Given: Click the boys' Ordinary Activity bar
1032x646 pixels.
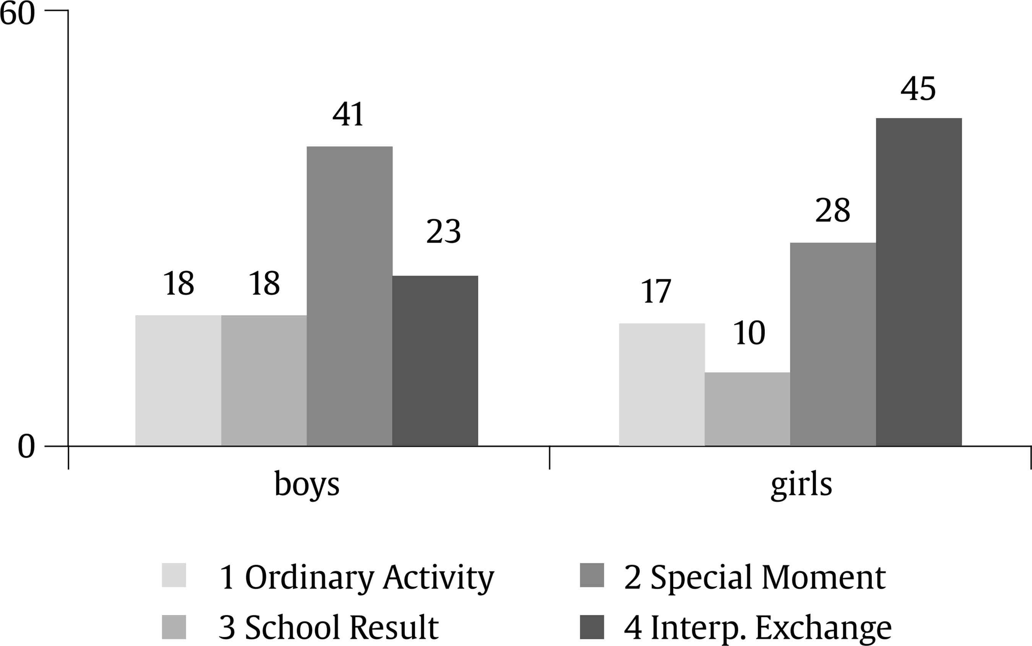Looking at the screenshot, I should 178,380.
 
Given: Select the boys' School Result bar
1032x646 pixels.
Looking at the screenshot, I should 264,380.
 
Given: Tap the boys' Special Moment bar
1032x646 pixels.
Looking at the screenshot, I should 349,296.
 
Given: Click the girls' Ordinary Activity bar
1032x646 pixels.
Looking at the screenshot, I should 661,385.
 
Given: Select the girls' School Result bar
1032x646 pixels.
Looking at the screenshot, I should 747,409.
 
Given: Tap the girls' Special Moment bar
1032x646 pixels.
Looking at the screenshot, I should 833,344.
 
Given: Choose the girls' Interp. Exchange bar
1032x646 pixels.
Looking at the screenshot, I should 919,282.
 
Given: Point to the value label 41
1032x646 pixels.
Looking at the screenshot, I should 349,115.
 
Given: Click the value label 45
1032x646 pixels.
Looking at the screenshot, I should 918,89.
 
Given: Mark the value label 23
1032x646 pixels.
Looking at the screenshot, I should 443,232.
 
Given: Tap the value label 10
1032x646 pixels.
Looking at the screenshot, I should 749,333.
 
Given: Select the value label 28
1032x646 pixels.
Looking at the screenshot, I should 832,210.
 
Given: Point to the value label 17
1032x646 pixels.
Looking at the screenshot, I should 656,292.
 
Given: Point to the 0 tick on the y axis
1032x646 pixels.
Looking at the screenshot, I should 26,447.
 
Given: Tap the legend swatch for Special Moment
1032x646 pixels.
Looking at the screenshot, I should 592,575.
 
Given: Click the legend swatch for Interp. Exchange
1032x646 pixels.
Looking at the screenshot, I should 592,627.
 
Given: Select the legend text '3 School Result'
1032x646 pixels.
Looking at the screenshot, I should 328,627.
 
